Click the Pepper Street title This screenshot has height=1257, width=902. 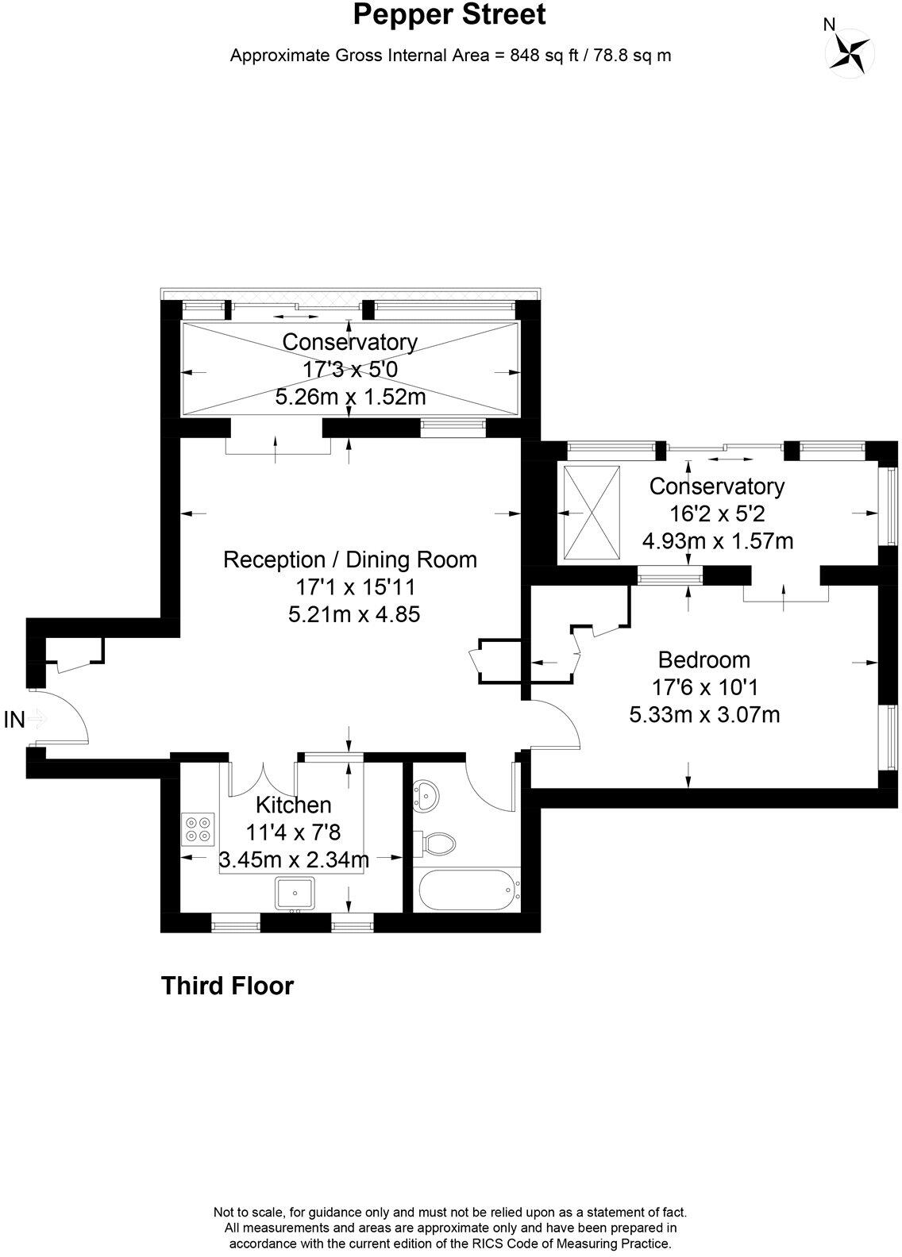(x=450, y=15)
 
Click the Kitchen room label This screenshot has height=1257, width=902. (x=293, y=805)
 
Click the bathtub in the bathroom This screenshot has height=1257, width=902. (x=466, y=890)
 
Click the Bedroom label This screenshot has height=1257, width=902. (x=704, y=659)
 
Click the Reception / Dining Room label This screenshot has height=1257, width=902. (x=350, y=559)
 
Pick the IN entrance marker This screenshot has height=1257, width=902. (x=14, y=720)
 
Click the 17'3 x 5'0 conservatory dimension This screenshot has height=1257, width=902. (x=350, y=369)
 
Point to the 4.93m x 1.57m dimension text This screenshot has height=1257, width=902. (x=718, y=540)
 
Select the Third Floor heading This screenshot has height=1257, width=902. (x=227, y=986)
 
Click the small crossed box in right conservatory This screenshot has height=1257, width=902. (x=591, y=513)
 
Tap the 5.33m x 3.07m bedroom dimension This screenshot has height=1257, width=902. (x=704, y=714)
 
